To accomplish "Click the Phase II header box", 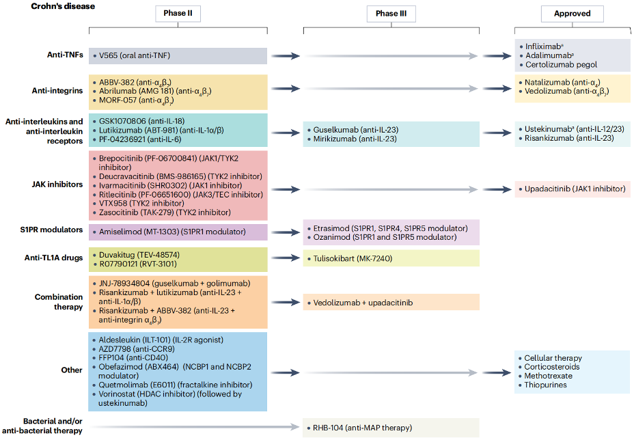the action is click(x=178, y=14).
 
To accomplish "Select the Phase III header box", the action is click(x=391, y=14).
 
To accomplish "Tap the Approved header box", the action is click(x=572, y=14).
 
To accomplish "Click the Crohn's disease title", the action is click(x=63, y=6).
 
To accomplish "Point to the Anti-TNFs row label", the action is click(x=65, y=55).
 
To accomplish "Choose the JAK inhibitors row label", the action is click(x=57, y=184).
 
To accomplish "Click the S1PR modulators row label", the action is click(x=51, y=230).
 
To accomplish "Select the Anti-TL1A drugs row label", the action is click(x=53, y=258).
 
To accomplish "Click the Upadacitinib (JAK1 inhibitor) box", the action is click(x=572, y=189).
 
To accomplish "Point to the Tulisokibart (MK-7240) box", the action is click(x=391, y=258).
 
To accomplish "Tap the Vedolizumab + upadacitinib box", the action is click(x=391, y=303).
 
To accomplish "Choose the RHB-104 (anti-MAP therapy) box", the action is click(x=391, y=428).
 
